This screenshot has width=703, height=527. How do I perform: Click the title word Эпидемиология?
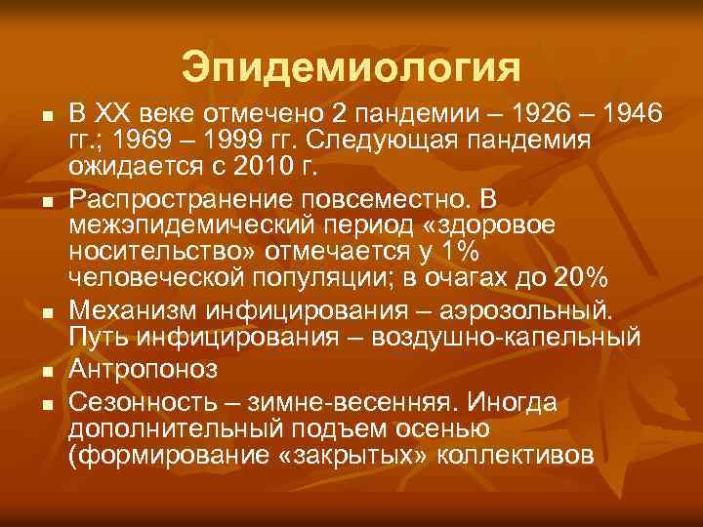coord(351,68)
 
